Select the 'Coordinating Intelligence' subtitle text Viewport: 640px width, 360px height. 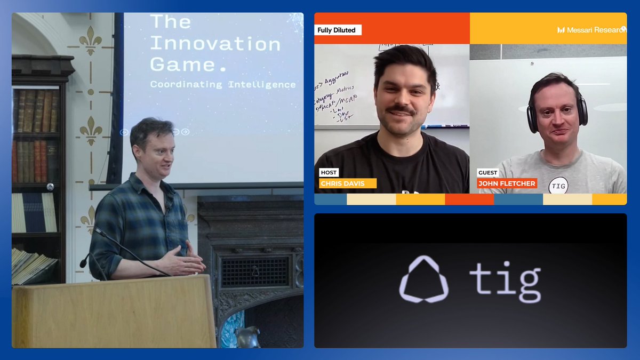pyautogui.click(x=222, y=84)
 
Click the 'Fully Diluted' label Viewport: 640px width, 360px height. pyautogui.click(x=337, y=30)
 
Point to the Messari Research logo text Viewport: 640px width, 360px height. pyautogui.click(x=592, y=30)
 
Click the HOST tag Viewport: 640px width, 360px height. pyautogui.click(x=329, y=172)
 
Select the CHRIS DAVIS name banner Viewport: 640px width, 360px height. pyautogui.click(x=348, y=183)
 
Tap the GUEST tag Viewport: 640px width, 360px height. pyautogui.click(x=487, y=172)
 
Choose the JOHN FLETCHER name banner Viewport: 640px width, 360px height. pyautogui.click(x=507, y=183)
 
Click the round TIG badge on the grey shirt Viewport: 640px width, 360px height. pyautogui.click(x=558, y=185)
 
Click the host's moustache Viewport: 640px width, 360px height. pyautogui.click(x=400, y=109)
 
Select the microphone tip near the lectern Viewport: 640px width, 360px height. pyautogui.click(x=84, y=263)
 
